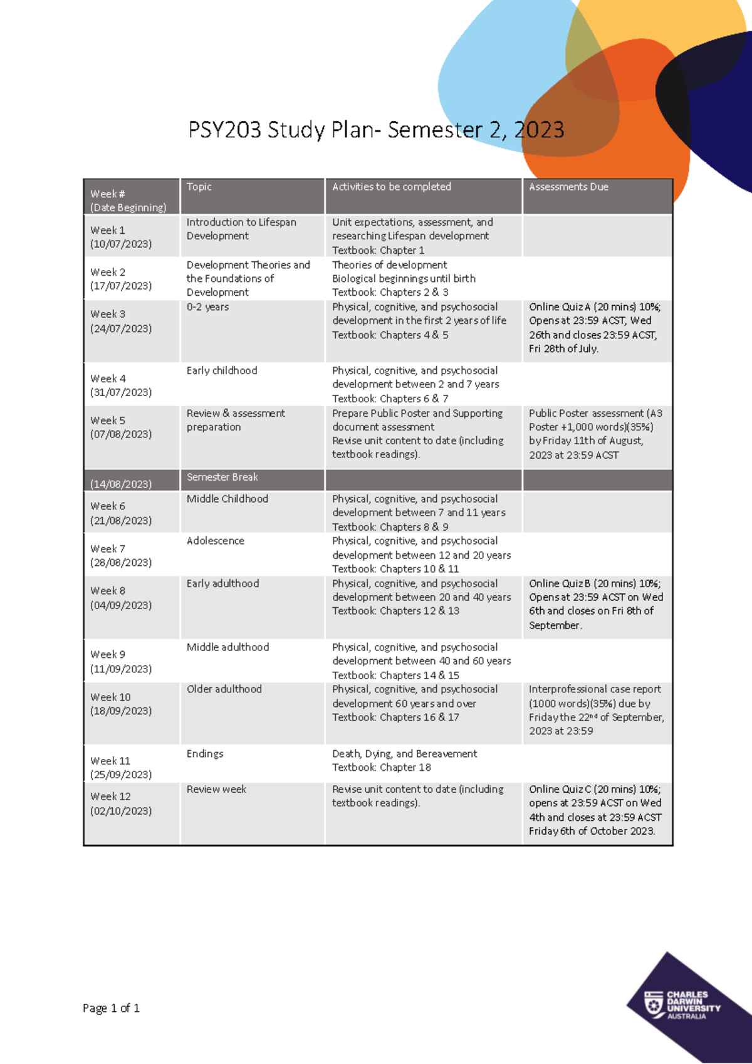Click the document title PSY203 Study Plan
(x=376, y=130)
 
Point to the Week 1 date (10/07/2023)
(x=121, y=244)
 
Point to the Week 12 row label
(x=111, y=796)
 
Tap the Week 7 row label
(x=108, y=549)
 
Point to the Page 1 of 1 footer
(x=111, y=1008)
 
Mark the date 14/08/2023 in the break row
(x=121, y=484)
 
